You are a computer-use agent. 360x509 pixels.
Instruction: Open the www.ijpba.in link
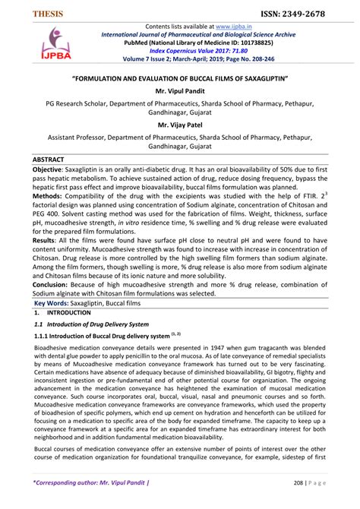click(x=235, y=27)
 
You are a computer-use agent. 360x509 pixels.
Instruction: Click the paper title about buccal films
click(x=179, y=77)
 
